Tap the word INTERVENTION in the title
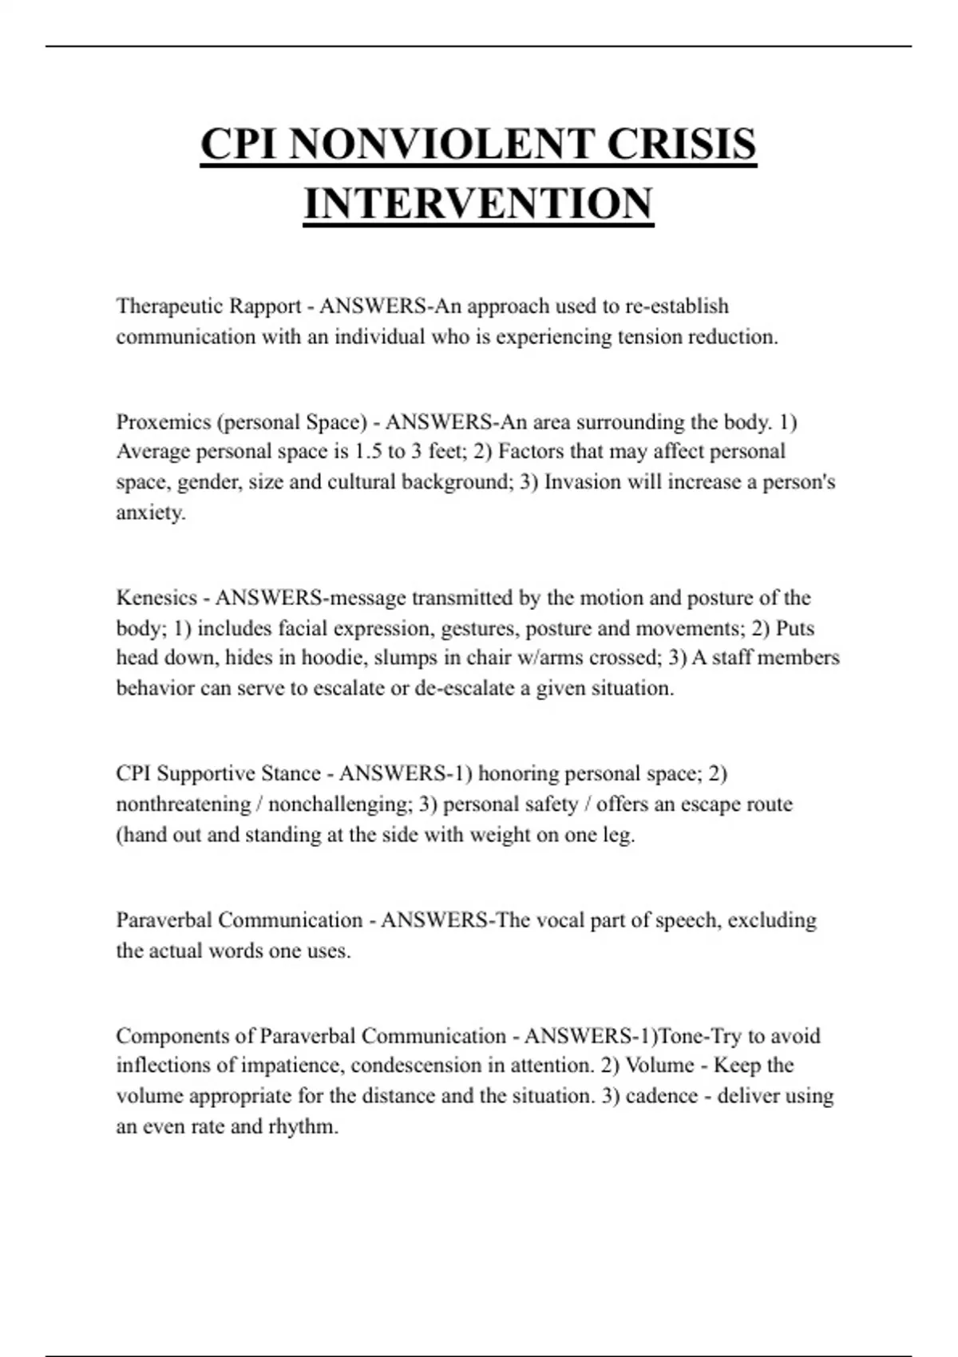(478, 204)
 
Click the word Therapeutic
(168, 307)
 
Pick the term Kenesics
(156, 598)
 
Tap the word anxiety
(151, 512)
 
